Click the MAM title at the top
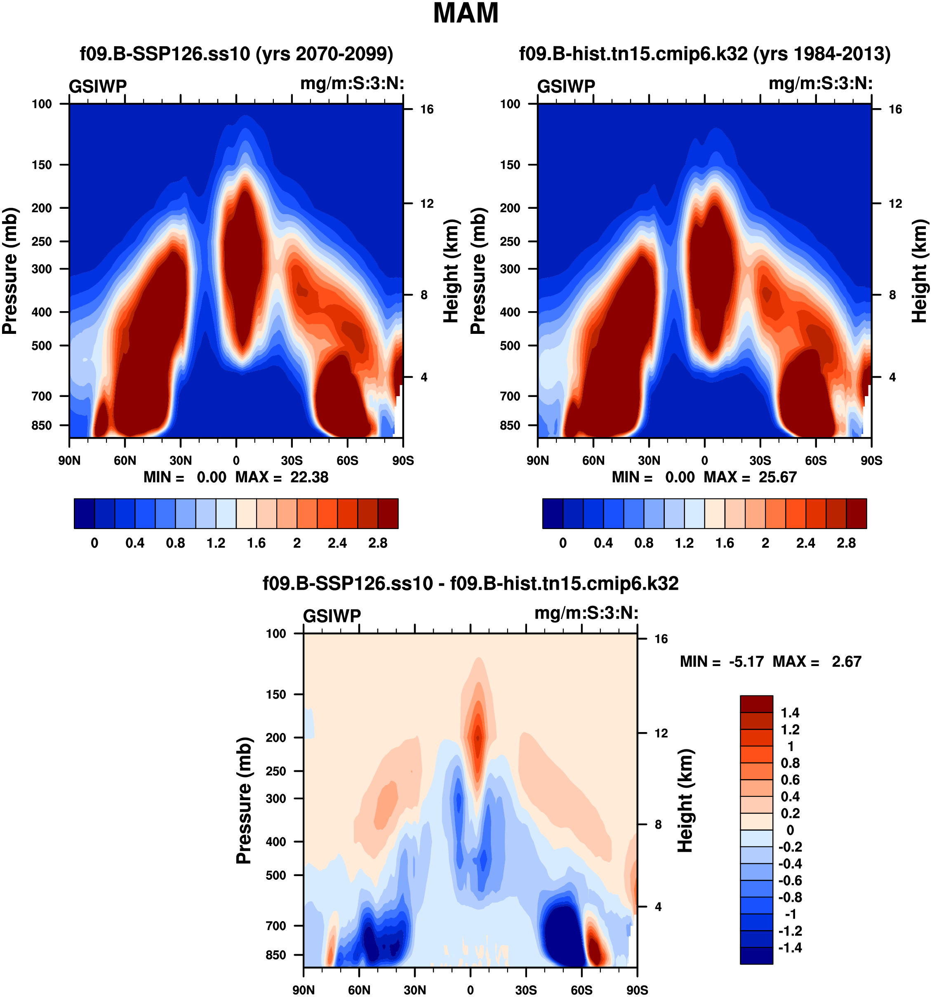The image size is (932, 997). click(466, 14)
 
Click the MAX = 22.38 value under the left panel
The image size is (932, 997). click(282, 477)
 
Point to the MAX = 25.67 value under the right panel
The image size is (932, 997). click(750, 477)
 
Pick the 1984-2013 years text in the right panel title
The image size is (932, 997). click(822, 54)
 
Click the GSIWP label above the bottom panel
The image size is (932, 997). click(332, 616)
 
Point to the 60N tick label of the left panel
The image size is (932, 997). click(125, 461)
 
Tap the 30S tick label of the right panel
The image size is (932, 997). click(760, 461)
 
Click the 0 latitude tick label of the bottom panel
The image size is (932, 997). click(470, 990)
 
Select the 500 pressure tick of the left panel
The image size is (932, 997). click(42, 345)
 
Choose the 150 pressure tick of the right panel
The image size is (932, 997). click(510, 165)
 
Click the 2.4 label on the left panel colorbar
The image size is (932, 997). click(337, 543)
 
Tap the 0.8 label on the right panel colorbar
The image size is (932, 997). click(644, 543)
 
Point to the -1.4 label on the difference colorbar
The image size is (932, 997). click(790, 948)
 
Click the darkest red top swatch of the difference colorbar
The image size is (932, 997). click(756, 704)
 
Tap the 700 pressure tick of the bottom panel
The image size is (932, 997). click(275, 926)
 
